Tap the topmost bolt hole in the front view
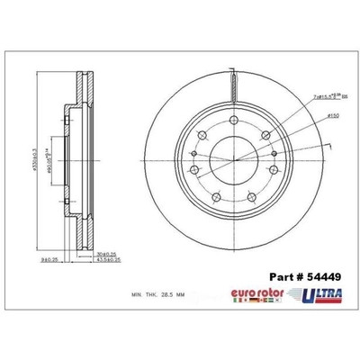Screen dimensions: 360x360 pyautogui.click(x=232, y=121)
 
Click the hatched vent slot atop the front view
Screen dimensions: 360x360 pyautogui.click(x=233, y=90)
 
